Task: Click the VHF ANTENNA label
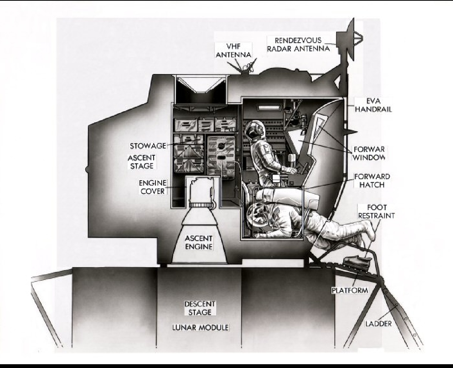point(233,50)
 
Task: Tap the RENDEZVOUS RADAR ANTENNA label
point(298,45)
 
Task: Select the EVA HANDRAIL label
point(373,105)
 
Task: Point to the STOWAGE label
point(148,146)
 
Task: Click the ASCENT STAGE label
point(142,162)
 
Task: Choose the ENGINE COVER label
point(153,187)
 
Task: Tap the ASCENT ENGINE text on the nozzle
point(199,243)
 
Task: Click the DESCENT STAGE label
point(200,308)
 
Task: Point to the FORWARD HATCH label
point(372,181)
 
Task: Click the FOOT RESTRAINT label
point(376,211)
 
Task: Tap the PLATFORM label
point(350,290)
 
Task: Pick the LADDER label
point(378,324)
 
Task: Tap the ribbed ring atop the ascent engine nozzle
point(200,204)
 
